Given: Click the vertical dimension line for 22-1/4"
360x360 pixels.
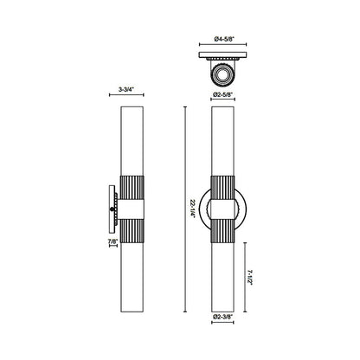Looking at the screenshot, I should point(188,156).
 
